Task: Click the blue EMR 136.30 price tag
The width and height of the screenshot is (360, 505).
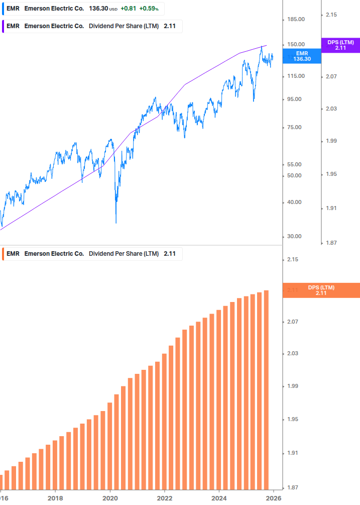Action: point(302,56)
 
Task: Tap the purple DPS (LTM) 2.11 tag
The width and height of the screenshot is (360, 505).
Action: point(340,45)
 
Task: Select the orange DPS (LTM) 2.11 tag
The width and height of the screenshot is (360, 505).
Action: point(321,290)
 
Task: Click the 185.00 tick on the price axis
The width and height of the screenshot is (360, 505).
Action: point(295,19)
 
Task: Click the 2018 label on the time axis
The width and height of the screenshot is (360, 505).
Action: point(55,498)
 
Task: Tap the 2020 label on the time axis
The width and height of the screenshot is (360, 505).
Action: point(110,498)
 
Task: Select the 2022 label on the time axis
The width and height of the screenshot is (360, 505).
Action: point(165,498)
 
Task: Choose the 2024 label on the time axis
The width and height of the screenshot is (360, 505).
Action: point(219,498)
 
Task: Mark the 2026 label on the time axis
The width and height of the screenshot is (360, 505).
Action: point(274,498)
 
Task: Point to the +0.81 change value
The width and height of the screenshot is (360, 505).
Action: point(128,9)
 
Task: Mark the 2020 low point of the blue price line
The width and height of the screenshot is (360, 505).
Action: point(116,223)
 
